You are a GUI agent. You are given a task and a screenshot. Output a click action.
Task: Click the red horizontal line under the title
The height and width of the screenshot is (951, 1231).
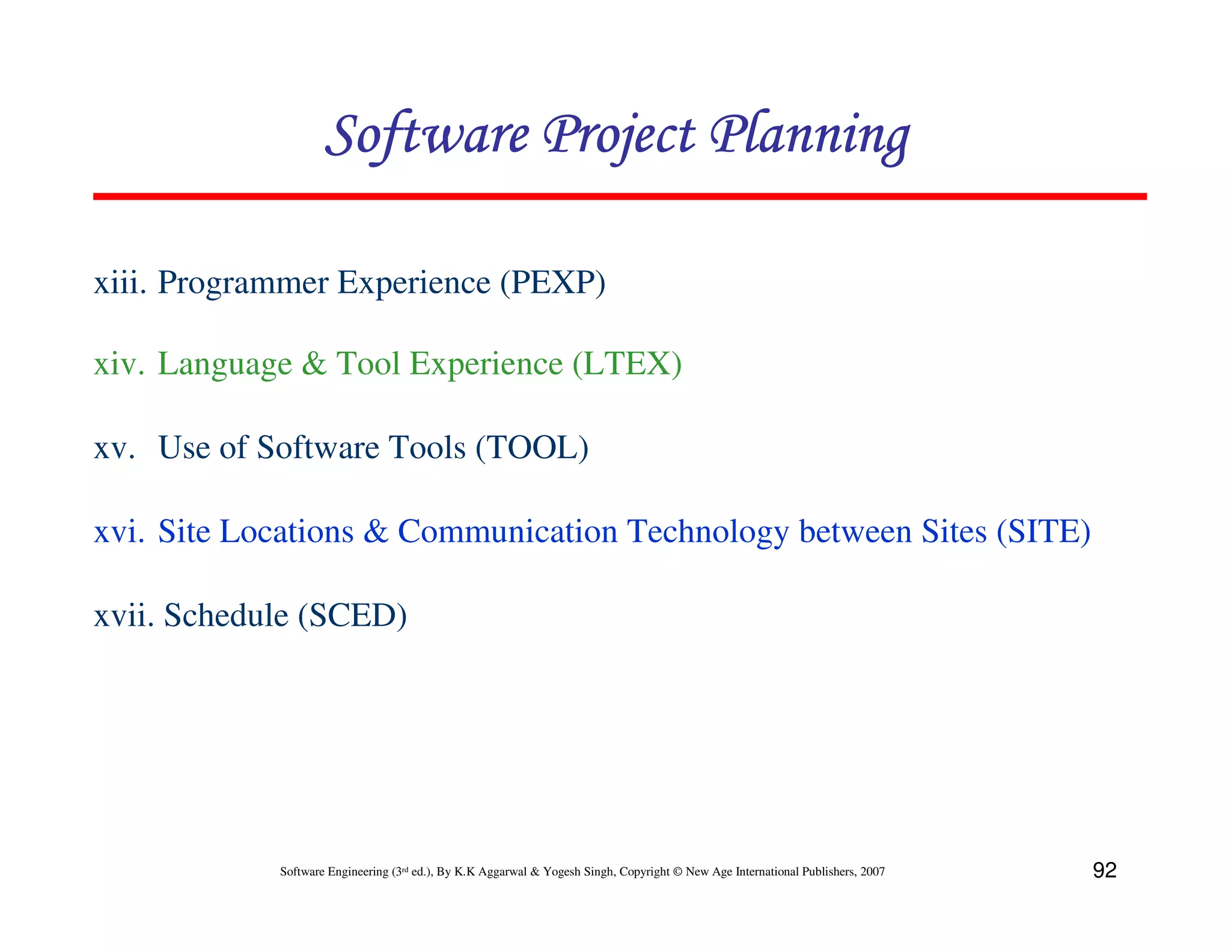pos(619,197)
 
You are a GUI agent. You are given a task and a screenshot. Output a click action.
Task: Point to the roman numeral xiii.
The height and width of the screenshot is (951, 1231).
pos(120,283)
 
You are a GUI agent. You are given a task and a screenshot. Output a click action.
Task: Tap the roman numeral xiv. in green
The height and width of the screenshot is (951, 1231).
pos(119,364)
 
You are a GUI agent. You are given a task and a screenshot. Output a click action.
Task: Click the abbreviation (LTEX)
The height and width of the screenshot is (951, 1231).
pos(627,364)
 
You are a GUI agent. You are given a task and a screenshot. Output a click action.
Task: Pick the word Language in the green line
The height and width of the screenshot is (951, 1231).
pos(225,364)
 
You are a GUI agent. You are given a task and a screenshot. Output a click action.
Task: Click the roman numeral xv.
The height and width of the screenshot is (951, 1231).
pos(114,448)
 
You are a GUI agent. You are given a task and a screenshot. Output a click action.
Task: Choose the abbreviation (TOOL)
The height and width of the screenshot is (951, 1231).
pos(532,448)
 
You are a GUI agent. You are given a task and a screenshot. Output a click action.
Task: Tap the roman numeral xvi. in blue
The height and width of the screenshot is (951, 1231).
pos(119,532)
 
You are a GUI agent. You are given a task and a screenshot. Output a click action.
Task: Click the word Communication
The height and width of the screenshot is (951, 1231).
pos(508,532)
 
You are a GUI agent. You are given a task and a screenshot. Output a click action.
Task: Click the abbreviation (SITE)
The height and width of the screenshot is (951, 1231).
pos(1043,532)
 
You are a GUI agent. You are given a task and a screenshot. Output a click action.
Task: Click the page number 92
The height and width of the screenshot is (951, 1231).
pos(1104,870)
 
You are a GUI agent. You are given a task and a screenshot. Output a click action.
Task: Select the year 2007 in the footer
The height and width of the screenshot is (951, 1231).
pos(872,872)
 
